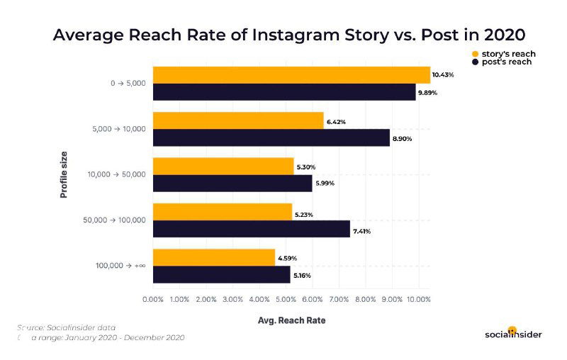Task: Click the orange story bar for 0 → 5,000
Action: [291, 75]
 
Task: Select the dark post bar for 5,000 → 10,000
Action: [271, 137]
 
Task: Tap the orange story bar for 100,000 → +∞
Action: [214, 257]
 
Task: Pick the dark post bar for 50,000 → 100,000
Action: [252, 229]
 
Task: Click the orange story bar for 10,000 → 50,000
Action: [223, 167]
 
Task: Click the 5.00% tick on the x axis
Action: [286, 300]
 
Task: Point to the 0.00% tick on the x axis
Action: [153, 300]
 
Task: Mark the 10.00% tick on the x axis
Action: [417, 300]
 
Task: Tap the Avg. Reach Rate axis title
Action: [291, 320]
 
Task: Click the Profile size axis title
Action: [64, 174]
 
